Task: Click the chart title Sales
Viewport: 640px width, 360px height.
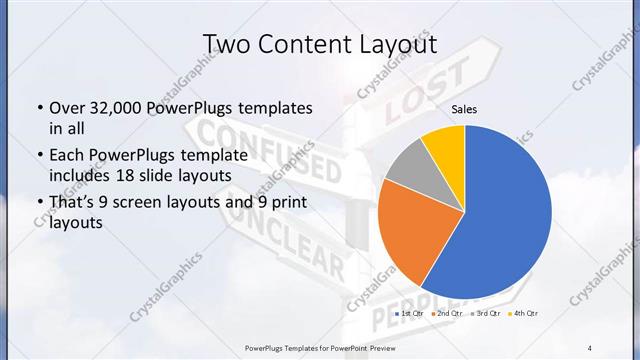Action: point(463,108)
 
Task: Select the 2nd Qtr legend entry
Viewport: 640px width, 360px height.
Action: point(447,314)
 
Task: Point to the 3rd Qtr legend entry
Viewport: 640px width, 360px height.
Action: point(487,314)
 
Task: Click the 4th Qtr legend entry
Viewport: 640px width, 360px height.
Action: point(526,314)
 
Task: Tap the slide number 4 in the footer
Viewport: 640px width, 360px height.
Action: point(590,347)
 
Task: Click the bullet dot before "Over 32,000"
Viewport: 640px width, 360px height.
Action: point(38,108)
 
